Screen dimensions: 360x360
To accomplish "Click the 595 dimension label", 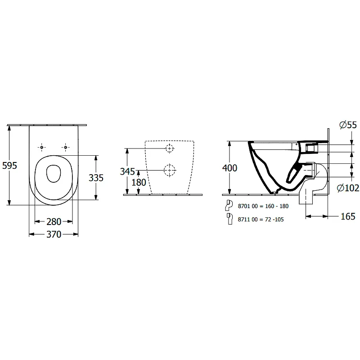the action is pyautogui.click(x=9, y=166).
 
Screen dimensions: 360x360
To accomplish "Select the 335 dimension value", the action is pyautogui.click(x=96, y=178).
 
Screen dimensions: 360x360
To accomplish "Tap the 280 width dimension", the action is pyautogui.click(x=54, y=222).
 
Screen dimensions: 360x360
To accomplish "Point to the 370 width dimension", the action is pyautogui.click(x=54, y=234).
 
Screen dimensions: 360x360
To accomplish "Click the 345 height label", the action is pyautogui.click(x=127, y=171).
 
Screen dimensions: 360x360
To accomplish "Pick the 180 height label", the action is pyautogui.click(x=139, y=183).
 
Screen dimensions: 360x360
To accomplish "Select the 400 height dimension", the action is pyautogui.click(x=229, y=168).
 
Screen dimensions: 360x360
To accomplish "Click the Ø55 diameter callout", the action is pyautogui.click(x=348, y=125).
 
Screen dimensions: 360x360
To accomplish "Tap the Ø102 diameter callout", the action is pyautogui.click(x=348, y=188).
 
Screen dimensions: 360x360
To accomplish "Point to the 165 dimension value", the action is pyautogui.click(x=348, y=216).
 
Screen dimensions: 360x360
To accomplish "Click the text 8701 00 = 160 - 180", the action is pyautogui.click(x=263, y=206).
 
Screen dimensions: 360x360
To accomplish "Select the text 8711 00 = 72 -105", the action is pyautogui.click(x=261, y=220).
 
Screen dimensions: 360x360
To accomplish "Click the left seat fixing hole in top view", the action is pyautogui.click(x=41, y=147).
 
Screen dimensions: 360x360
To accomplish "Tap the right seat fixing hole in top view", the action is pyautogui.click(x=65, y=147).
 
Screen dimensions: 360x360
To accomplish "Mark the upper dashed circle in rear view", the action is pyautogui.click(x=170, y=148).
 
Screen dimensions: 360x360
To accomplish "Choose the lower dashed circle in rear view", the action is pyautogui.click(x=170, y=171).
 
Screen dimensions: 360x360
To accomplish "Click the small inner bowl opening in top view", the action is pyautogui.click(x=54, y=174).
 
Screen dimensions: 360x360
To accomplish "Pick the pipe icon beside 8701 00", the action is pyautogui.click(x=229, y=205).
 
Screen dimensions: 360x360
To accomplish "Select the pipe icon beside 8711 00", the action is pyautogui.click(x=229, y=219).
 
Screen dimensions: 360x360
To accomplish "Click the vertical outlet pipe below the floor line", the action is pyautogui.click(x=306, y=199).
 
